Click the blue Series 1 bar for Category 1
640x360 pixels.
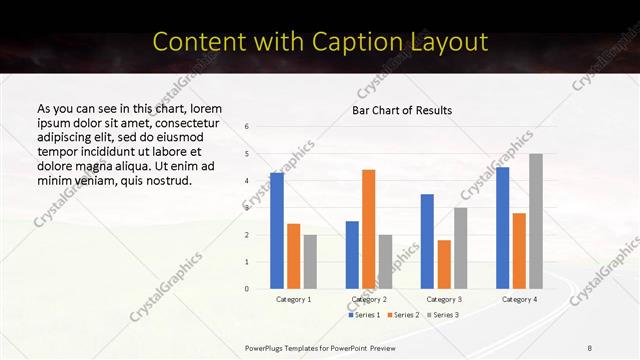[277, 230]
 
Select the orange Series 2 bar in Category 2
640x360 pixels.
[369, 229]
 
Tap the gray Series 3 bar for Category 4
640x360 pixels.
[536, 221]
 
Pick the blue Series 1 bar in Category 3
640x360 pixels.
[427, 241]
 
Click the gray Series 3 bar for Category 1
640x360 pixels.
[310, 261]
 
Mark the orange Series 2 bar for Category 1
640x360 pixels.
[293, 256]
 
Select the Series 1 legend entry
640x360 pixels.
[364, 315]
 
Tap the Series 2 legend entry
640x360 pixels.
[402, 315]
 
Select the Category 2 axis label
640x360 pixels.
[369, 299]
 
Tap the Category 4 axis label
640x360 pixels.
[519, 299]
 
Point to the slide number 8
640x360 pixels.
[591, 346]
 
